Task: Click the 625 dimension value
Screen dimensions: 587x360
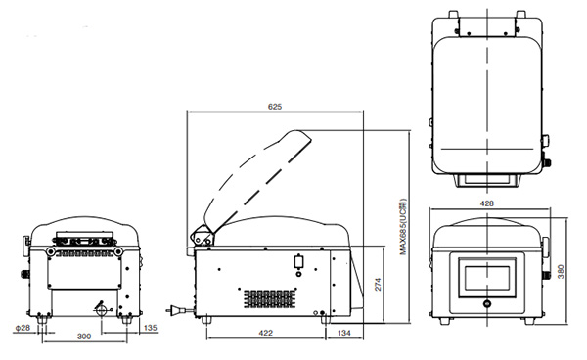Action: [274, 107]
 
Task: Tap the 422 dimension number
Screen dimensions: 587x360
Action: [266, 333]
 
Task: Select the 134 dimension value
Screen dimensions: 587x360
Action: [344, 333]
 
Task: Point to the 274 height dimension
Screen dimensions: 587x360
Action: [378, 285]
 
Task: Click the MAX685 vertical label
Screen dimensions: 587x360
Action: [403, 227]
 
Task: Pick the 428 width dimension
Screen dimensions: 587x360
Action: [486, 203]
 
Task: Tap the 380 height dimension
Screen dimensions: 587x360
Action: [561, 272]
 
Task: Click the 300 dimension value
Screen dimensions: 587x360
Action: [84, 337]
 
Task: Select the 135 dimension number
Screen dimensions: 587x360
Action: [150, 328]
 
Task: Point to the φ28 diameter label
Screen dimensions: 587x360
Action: [23, 328]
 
